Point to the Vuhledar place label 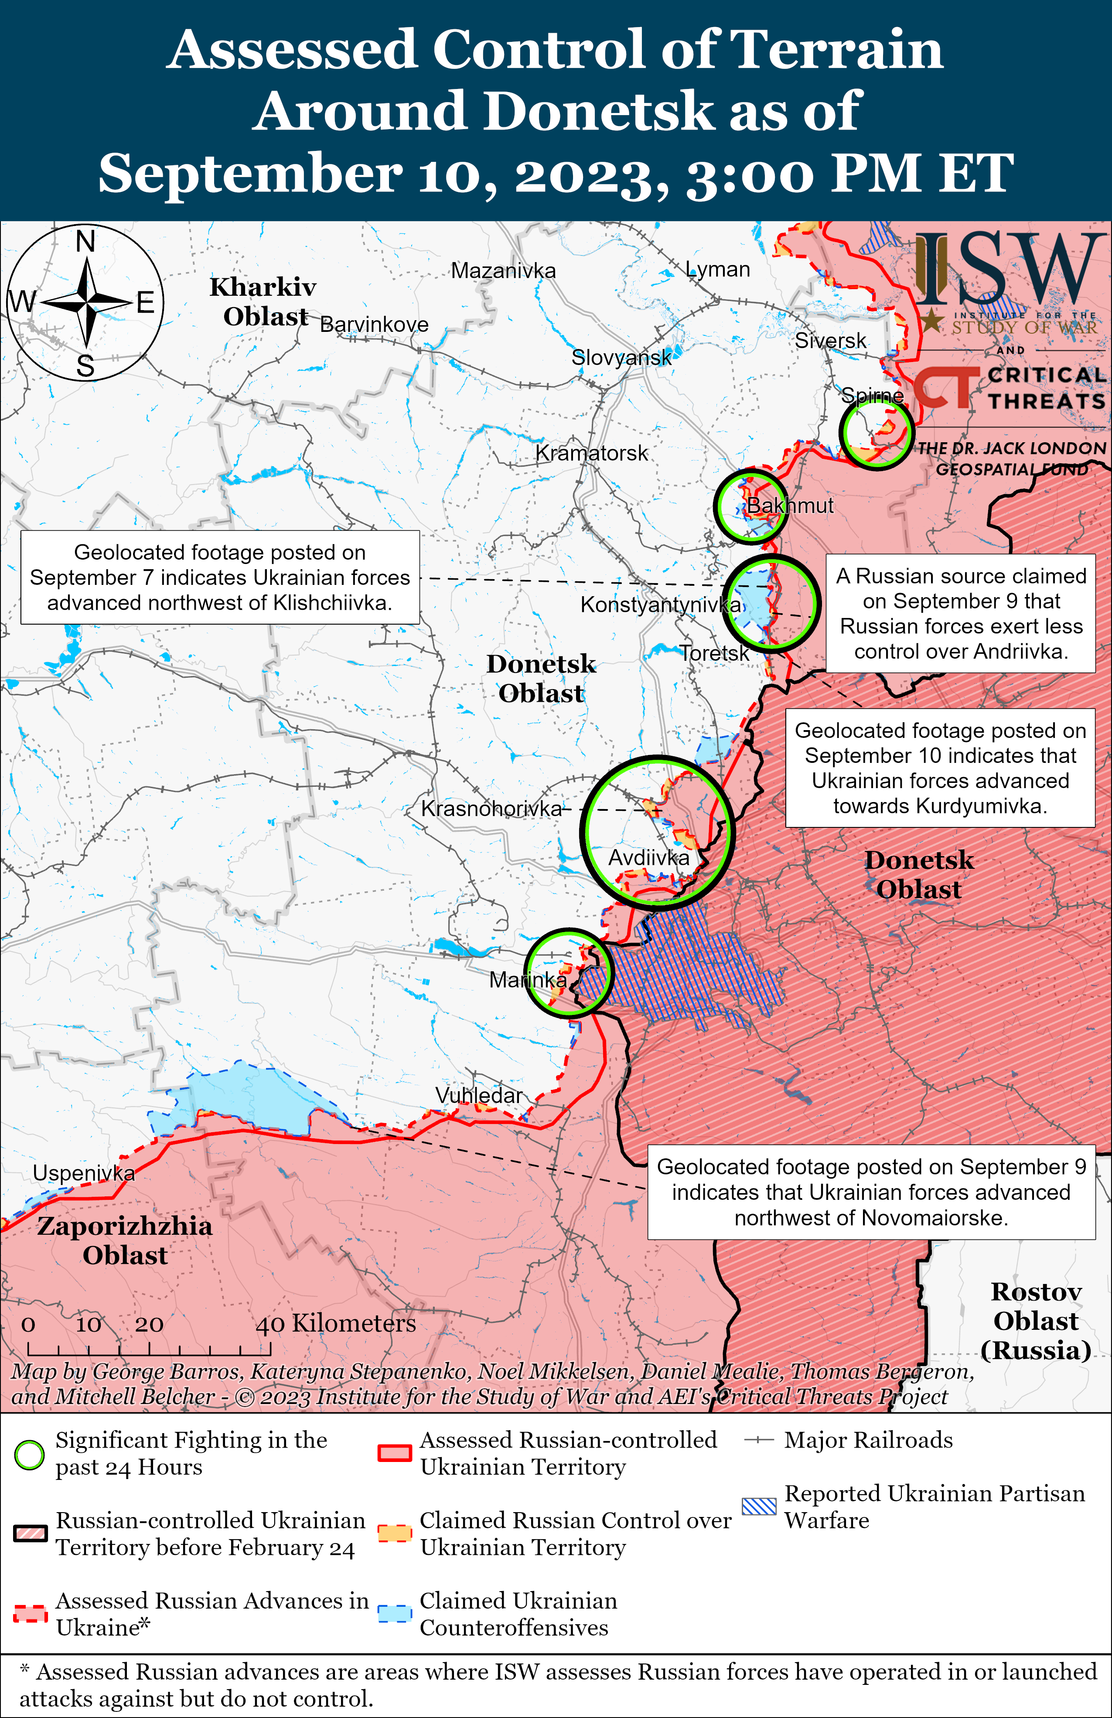pyautogui.click(x=478, y=1095)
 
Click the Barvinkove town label pyautogui.click(x=374, y=325)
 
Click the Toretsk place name pyautogui.click(x=714, y=653)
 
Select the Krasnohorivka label pyautogui.click(x=491, y=809)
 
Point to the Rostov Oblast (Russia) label pyautogui.click(x=1036, y=1320)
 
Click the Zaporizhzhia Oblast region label pyautogui.click(x=125, y=1240)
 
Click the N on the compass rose pyautogui.click(x=86, y=241)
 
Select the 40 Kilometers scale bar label pyautogui.click(x=336, y=1323)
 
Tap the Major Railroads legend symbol pyautogui.click(x=759, y=1440)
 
